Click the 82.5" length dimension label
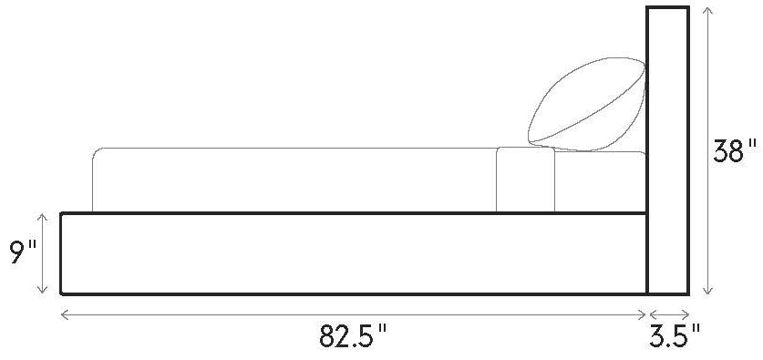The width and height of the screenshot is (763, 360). click(x=353, y=335)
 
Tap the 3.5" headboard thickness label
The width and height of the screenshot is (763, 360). click(x=675, y=335)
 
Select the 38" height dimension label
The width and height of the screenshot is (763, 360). click(x=736, y=151)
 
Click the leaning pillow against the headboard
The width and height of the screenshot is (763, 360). click(x=587, y=104)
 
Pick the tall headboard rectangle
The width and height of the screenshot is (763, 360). click(x=667, y=150)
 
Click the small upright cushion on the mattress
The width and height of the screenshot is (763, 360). click(x=526, y=180)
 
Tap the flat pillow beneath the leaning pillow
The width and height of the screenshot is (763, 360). click(x=601, y=181)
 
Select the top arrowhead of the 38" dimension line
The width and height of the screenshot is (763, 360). click(x=708, y=9)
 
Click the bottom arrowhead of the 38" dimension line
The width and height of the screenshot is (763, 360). click(x=708, y=292)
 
